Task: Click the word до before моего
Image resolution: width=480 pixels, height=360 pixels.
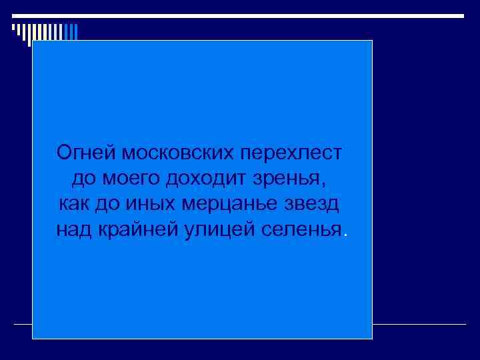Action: [x=81, y=179]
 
